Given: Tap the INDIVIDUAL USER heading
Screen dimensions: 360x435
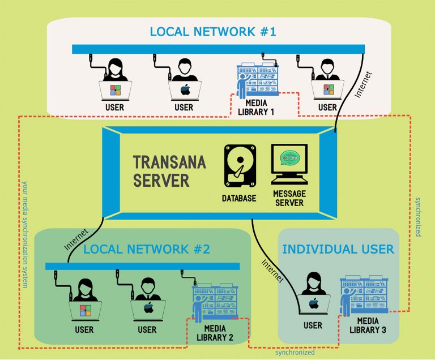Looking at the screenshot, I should (x=338, y=249).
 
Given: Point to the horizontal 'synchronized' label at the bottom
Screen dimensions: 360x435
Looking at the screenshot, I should (x=295, y=352).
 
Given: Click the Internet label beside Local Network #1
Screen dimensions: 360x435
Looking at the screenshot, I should (x=363, y=85).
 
